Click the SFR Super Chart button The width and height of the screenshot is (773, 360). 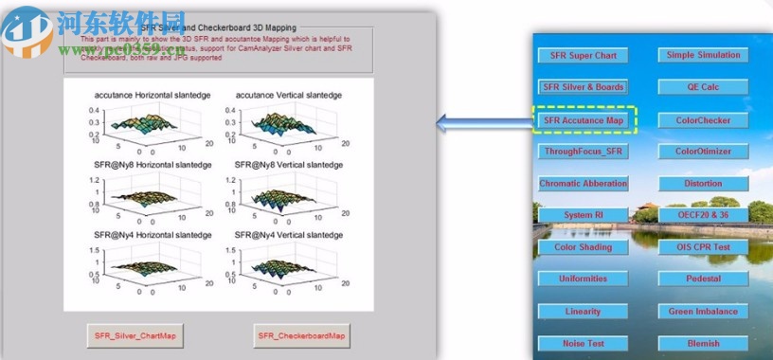click(x=583, y=55)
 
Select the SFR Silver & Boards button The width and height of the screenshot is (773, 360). click(x=583, y=86)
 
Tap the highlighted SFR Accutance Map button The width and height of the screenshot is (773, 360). click(x=583, y=120)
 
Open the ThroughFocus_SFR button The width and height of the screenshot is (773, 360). click(x=583, y=152)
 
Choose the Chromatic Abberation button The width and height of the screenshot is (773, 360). click(x=583, y=184)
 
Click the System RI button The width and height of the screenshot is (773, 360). click(x=583, y=215)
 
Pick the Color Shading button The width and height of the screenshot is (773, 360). click(x=583, y=247)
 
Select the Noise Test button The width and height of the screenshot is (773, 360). click(x=583, y=343)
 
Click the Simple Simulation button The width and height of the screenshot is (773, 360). click(x=703, y=55)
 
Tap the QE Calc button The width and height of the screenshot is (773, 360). click(x=703, y=86)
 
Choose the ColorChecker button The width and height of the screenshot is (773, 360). click(x=703, y=120)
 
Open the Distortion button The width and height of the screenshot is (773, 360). click(x=703, y=184)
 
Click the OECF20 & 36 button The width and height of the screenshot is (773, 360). click(x=703, y=215)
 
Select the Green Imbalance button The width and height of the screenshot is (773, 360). click(x=703, y=311)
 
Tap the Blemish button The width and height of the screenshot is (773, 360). click(x=703, y=343)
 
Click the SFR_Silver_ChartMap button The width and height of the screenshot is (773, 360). click(x=133, y=335)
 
